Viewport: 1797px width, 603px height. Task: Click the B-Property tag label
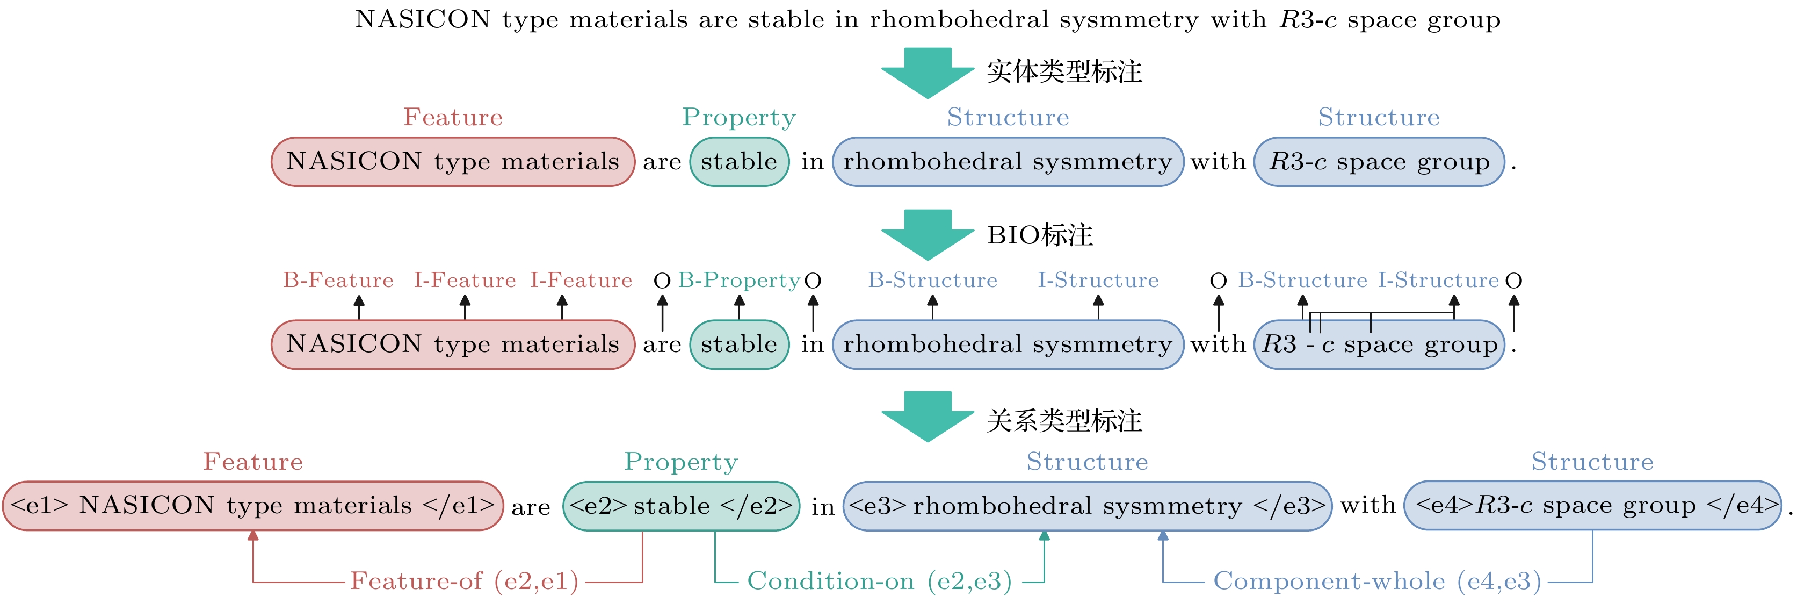[739, 281]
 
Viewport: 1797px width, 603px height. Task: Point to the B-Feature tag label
[338, 281]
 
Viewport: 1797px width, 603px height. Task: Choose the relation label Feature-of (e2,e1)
[464, 580]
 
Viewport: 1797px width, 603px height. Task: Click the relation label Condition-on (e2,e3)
[879, 580]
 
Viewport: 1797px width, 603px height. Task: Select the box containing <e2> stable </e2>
[681, 505]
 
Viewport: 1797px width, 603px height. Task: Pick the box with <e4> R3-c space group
[1592, 505]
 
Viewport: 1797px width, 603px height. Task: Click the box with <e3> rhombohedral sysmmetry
[1087, 505]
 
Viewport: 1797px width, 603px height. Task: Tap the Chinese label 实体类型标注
[1064, 72]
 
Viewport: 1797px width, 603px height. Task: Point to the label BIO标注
[1039, 235]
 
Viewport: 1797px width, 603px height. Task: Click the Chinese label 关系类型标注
[1064, 421]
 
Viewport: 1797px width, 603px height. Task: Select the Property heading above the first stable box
[739, 117]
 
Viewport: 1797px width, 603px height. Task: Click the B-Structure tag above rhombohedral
[933, 281]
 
